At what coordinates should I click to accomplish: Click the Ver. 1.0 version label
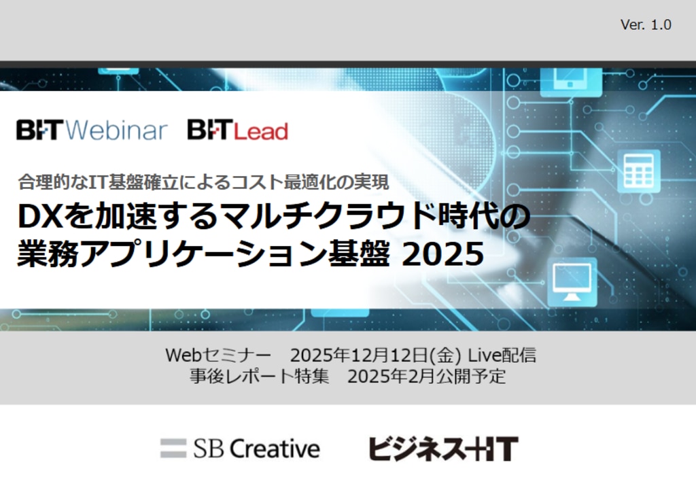(646, 25)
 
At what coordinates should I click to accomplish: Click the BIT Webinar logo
(92, 130)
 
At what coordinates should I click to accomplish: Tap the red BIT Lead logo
(237, 130)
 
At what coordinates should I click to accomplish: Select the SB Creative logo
(240, 448)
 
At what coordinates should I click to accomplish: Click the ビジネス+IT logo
(443, 449)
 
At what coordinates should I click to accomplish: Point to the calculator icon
(638, 171)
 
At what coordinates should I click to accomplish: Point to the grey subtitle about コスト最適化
(203, 182)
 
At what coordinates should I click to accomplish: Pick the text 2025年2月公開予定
(426, 376)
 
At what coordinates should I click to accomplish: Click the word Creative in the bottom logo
(275, 448)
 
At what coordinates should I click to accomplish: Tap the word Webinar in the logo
(118, 130)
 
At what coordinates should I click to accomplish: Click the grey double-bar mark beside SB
(173, 448)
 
